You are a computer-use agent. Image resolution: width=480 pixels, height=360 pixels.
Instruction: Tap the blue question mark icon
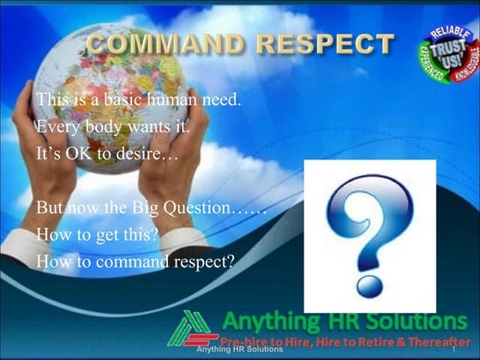tap(369, 235)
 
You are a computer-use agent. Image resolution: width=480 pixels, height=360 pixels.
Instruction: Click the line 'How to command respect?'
tap(135, 261)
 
